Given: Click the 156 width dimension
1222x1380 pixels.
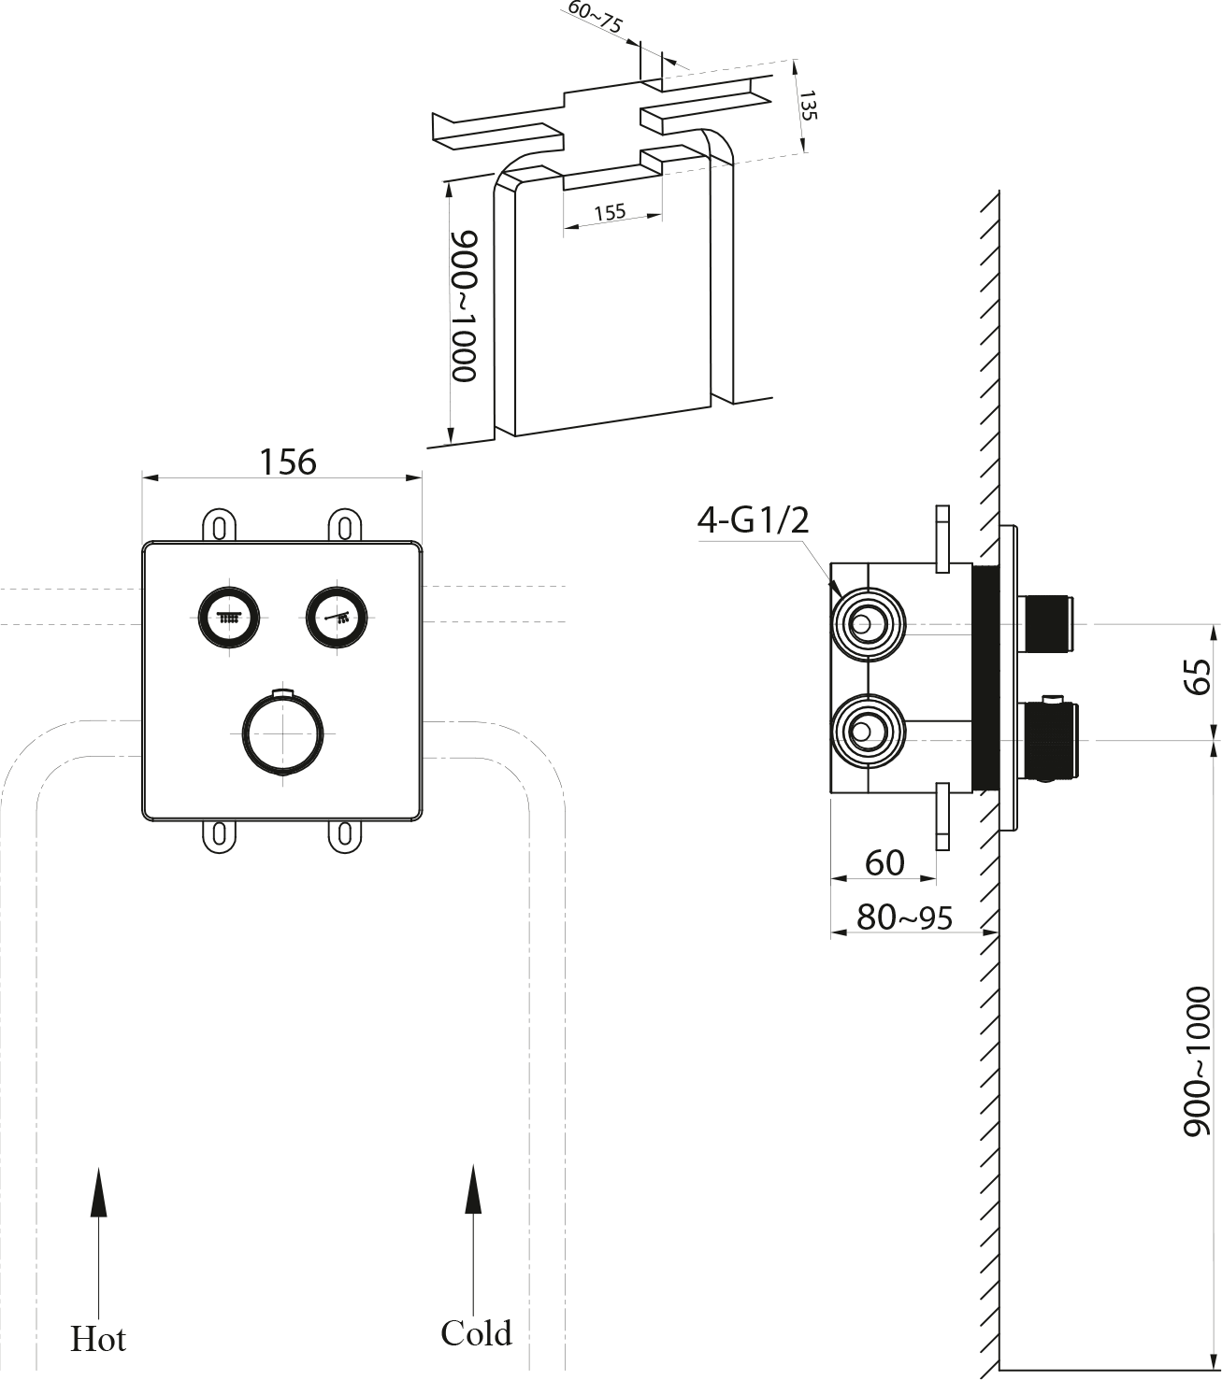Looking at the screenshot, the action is click(x=288, y=462).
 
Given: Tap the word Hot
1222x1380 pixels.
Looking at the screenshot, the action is click(x=98, y=1339).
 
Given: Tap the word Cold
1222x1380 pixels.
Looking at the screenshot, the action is click(x=476, y=1332).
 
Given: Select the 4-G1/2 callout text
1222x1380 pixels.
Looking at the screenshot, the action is click(x=753, y=520).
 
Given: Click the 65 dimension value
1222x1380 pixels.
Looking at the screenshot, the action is click(x=1197, y=676).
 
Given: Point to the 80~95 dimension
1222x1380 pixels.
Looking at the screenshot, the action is click(x=904, y=918).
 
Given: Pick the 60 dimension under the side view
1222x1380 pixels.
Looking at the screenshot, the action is click(x=884, y=863).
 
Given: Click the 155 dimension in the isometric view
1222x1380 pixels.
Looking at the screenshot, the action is click(x=610, y=212).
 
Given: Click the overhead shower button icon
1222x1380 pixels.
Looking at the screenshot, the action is click(x=229, y=617).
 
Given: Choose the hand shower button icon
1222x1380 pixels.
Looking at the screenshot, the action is click(x=337, y=617).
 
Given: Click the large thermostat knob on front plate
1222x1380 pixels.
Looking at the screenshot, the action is click(x=283, y=733).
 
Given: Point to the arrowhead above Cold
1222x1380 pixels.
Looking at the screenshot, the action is click(x=473, y=1189).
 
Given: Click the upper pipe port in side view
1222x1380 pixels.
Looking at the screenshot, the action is click(x=869, y=624).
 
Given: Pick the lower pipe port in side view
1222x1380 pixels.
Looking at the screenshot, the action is click(x=869, y=731).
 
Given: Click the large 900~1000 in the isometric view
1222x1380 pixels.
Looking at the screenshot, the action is click(x=464, y=306).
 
